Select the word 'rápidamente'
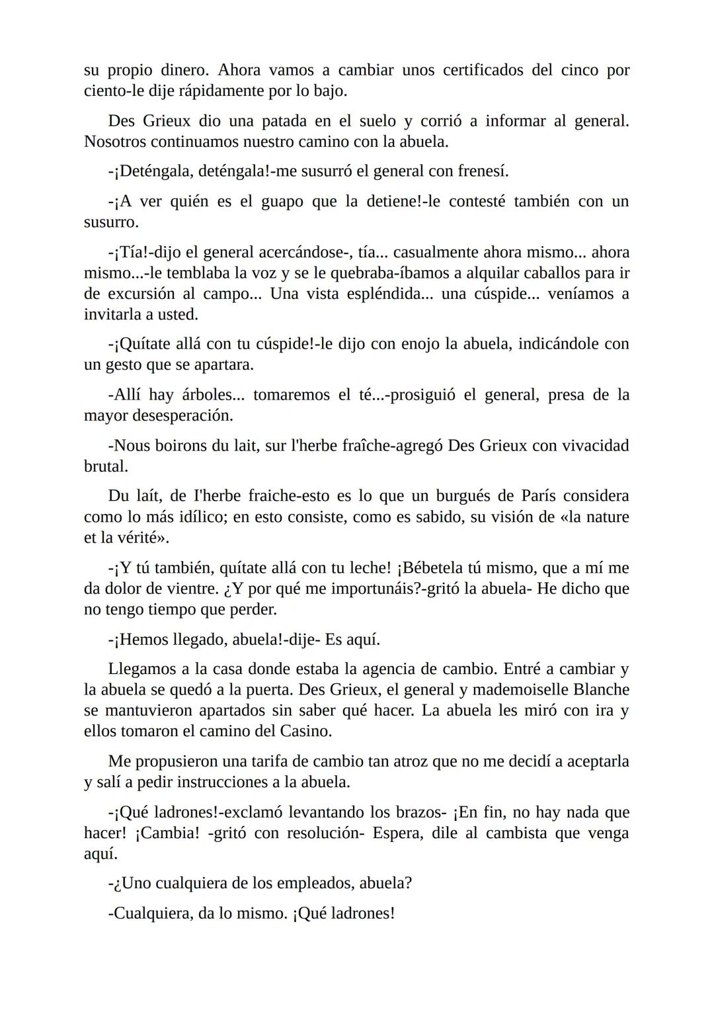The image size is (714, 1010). tap(213, 91)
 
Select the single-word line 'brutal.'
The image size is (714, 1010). tap(106, 466)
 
